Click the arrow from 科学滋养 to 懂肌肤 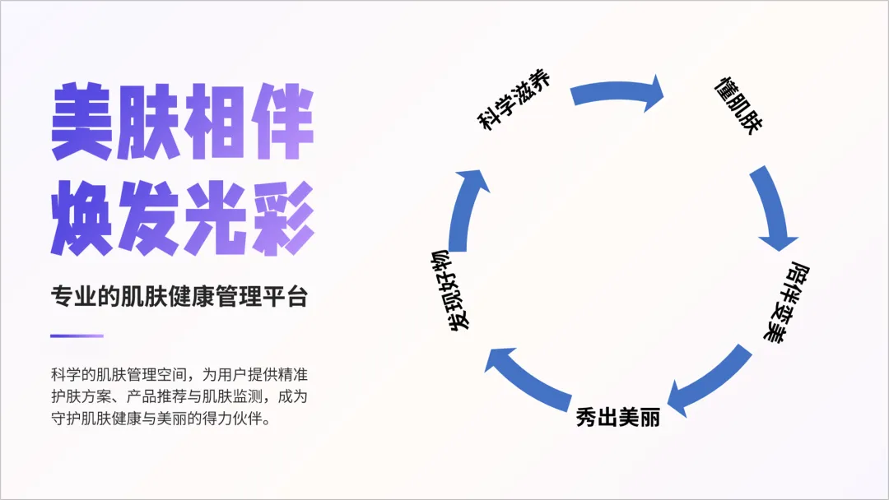pos(617,93)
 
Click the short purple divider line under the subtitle pos(77,336)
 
